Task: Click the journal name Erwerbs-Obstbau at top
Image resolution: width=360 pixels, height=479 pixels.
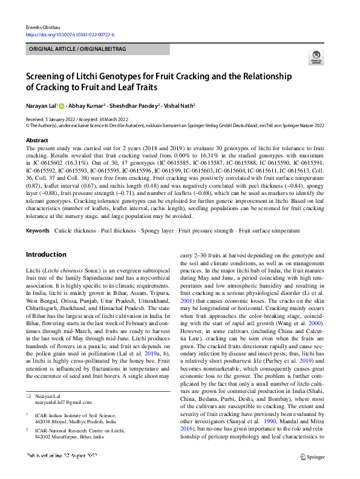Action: tap(42, 27)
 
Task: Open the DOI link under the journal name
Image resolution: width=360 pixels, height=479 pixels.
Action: tap(71, 35)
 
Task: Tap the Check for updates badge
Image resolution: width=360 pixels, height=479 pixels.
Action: tap(316, 58)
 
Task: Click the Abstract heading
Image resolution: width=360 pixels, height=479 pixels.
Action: tap(37, 140)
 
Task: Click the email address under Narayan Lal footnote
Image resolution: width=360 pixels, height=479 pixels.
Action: tap(61, 402)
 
